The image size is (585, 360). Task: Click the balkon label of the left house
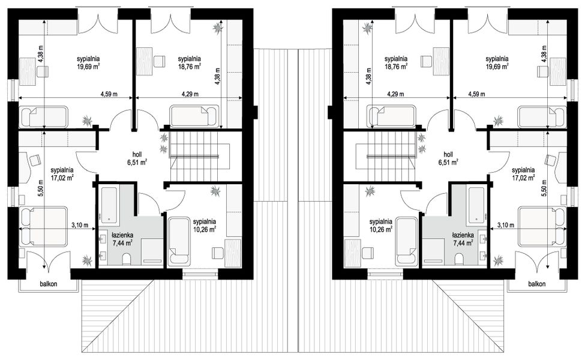click(x=49, y=284)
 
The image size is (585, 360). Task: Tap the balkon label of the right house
click(x=536, y=284)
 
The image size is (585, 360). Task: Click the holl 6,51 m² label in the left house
click(x=137, y=158)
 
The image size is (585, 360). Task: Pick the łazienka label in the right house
click(x=463, y=235)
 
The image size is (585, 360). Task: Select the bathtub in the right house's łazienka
click(x=476, y=204)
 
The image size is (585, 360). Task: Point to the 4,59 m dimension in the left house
click(x=109, y=94)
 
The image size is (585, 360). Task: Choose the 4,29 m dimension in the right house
click(x=395, y=94)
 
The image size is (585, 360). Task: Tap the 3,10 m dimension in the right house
click(x=506, y=225)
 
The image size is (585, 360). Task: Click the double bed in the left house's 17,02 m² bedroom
click(x=44, y=226)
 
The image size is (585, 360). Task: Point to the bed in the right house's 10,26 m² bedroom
click(x=406, y=242)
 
